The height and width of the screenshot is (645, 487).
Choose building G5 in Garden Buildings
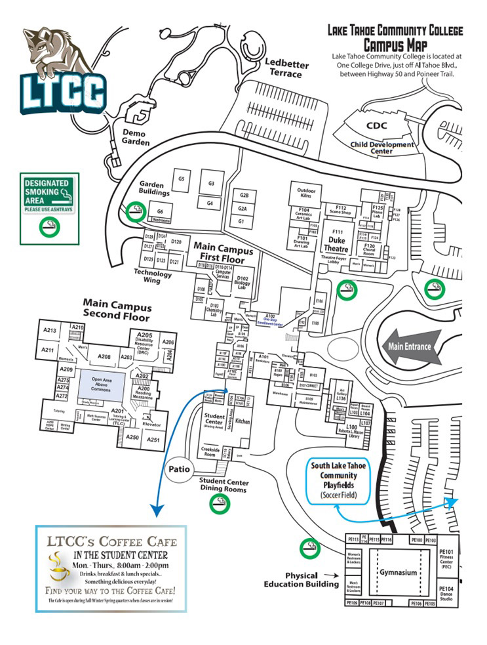point(182,178)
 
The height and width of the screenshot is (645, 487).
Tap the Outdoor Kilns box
point(307,191)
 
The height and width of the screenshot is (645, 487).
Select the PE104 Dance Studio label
point(446,593)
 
